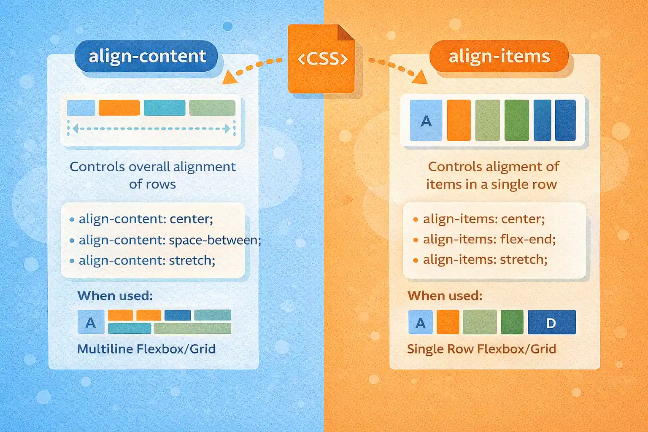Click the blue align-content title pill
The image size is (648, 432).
coord(146,57)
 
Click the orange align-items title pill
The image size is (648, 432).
coord(499,57)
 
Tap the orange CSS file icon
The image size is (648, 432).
coord(321,59)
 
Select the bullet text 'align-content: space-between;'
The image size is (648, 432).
coord(170,240)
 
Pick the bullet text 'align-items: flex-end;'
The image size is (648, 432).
coord(489,239)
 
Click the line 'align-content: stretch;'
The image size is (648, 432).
coord(147,260)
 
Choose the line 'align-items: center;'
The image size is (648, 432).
coord(484,219)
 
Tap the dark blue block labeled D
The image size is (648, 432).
coord(551,323)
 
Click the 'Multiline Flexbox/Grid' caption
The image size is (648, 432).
coord(146,349)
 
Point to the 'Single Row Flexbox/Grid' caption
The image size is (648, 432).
coord(481,349)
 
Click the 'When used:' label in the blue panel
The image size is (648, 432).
coord(115,296)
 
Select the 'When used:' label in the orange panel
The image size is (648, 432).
coord(445,296)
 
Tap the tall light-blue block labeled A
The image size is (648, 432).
coord(426,121)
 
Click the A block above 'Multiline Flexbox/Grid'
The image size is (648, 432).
coord(91,322)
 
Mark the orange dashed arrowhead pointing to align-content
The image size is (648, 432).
coord(229,77)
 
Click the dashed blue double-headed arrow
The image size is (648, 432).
coord(151,128)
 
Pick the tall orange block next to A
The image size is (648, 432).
coord(459,121)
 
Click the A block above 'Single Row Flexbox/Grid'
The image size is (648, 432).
coord(421,323)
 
